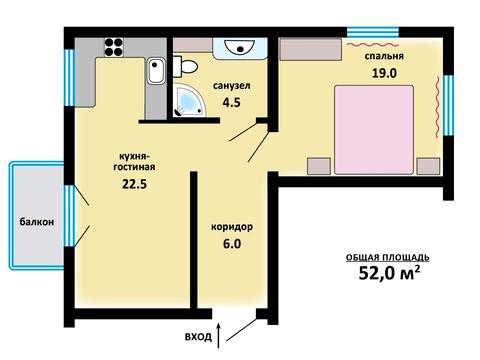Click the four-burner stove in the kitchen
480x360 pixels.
pyautogui.click(x=114, y=47)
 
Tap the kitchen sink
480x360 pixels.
pyautogui.click(x=156, y=71)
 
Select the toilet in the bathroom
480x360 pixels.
pyautogui.click(x=185, y=66)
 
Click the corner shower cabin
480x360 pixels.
pyautogui.click(x=189, y=100)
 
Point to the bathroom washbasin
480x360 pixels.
pyautogui.click(x=240, y=48)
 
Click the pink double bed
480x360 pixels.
pyautogui.click(x=374, y=130)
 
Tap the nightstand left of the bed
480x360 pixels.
pyautogui.click(x=319, y=166)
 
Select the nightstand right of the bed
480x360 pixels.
pyautogui.click(x=428, y=166)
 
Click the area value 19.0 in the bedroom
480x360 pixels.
pyautogui.click(x=384, y=73)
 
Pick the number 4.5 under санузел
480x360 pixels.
pyautogui.click(x=231, y=102)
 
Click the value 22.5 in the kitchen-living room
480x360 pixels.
pyautogui.click(x=134, y=184)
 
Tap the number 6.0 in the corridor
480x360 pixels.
pyautogui.click(x=232, y=244)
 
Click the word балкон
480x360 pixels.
pyautogui.click(x=37, y=222)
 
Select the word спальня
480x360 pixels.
pyautogui.click(x=384, y=56)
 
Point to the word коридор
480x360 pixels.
pyautogui.click(x=232, y=227)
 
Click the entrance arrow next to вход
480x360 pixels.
pyautogui.click(x=219, y=335)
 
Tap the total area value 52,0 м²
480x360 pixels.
pyautogui.click(x=389, y=273)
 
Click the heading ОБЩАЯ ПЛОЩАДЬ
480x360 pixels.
pyautogui.click(x=387, y=257)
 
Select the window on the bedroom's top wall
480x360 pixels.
pyautogui.click(x=373, y=32)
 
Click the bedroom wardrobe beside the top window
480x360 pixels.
pyautogui.click(x=310, y=50)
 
